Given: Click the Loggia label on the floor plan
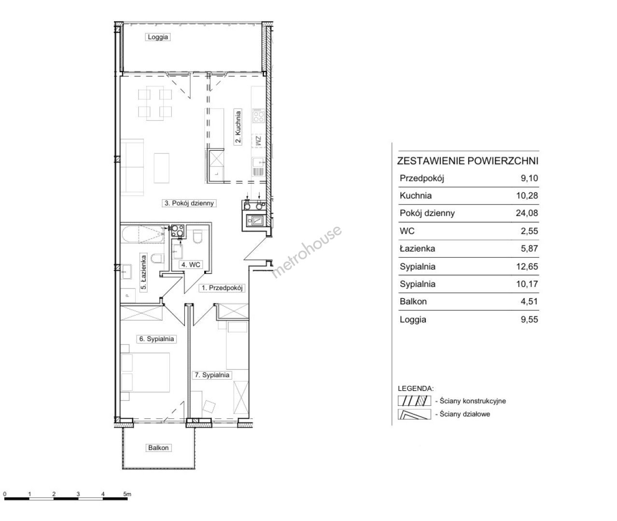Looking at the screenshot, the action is pos(158,37).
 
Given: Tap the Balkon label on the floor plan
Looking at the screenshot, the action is pos(158,448).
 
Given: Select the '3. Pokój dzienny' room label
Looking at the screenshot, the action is pos(189,203).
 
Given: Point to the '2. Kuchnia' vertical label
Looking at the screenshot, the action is pos(238,127).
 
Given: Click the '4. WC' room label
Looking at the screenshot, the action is pos(191,265).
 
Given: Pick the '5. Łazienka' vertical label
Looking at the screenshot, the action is pos(143,273).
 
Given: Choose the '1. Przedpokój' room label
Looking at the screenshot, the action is pos(222,288).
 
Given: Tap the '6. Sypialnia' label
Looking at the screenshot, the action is pos(156,339).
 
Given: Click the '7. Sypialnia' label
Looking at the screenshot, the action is pos(212,375).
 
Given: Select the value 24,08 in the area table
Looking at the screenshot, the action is pos(527,213).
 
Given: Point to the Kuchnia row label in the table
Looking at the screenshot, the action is pos(416,195).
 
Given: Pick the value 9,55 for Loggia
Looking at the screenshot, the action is pos(529,319).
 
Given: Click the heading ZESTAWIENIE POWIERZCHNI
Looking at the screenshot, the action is pos(467,161).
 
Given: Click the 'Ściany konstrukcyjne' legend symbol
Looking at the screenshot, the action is pos(414,401).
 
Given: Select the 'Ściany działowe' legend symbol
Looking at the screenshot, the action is pos(414,414).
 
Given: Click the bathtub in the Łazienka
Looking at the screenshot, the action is pos(142,234).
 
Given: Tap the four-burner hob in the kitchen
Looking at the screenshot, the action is pos(259,116).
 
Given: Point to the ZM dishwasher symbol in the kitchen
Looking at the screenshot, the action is pos(258,141).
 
